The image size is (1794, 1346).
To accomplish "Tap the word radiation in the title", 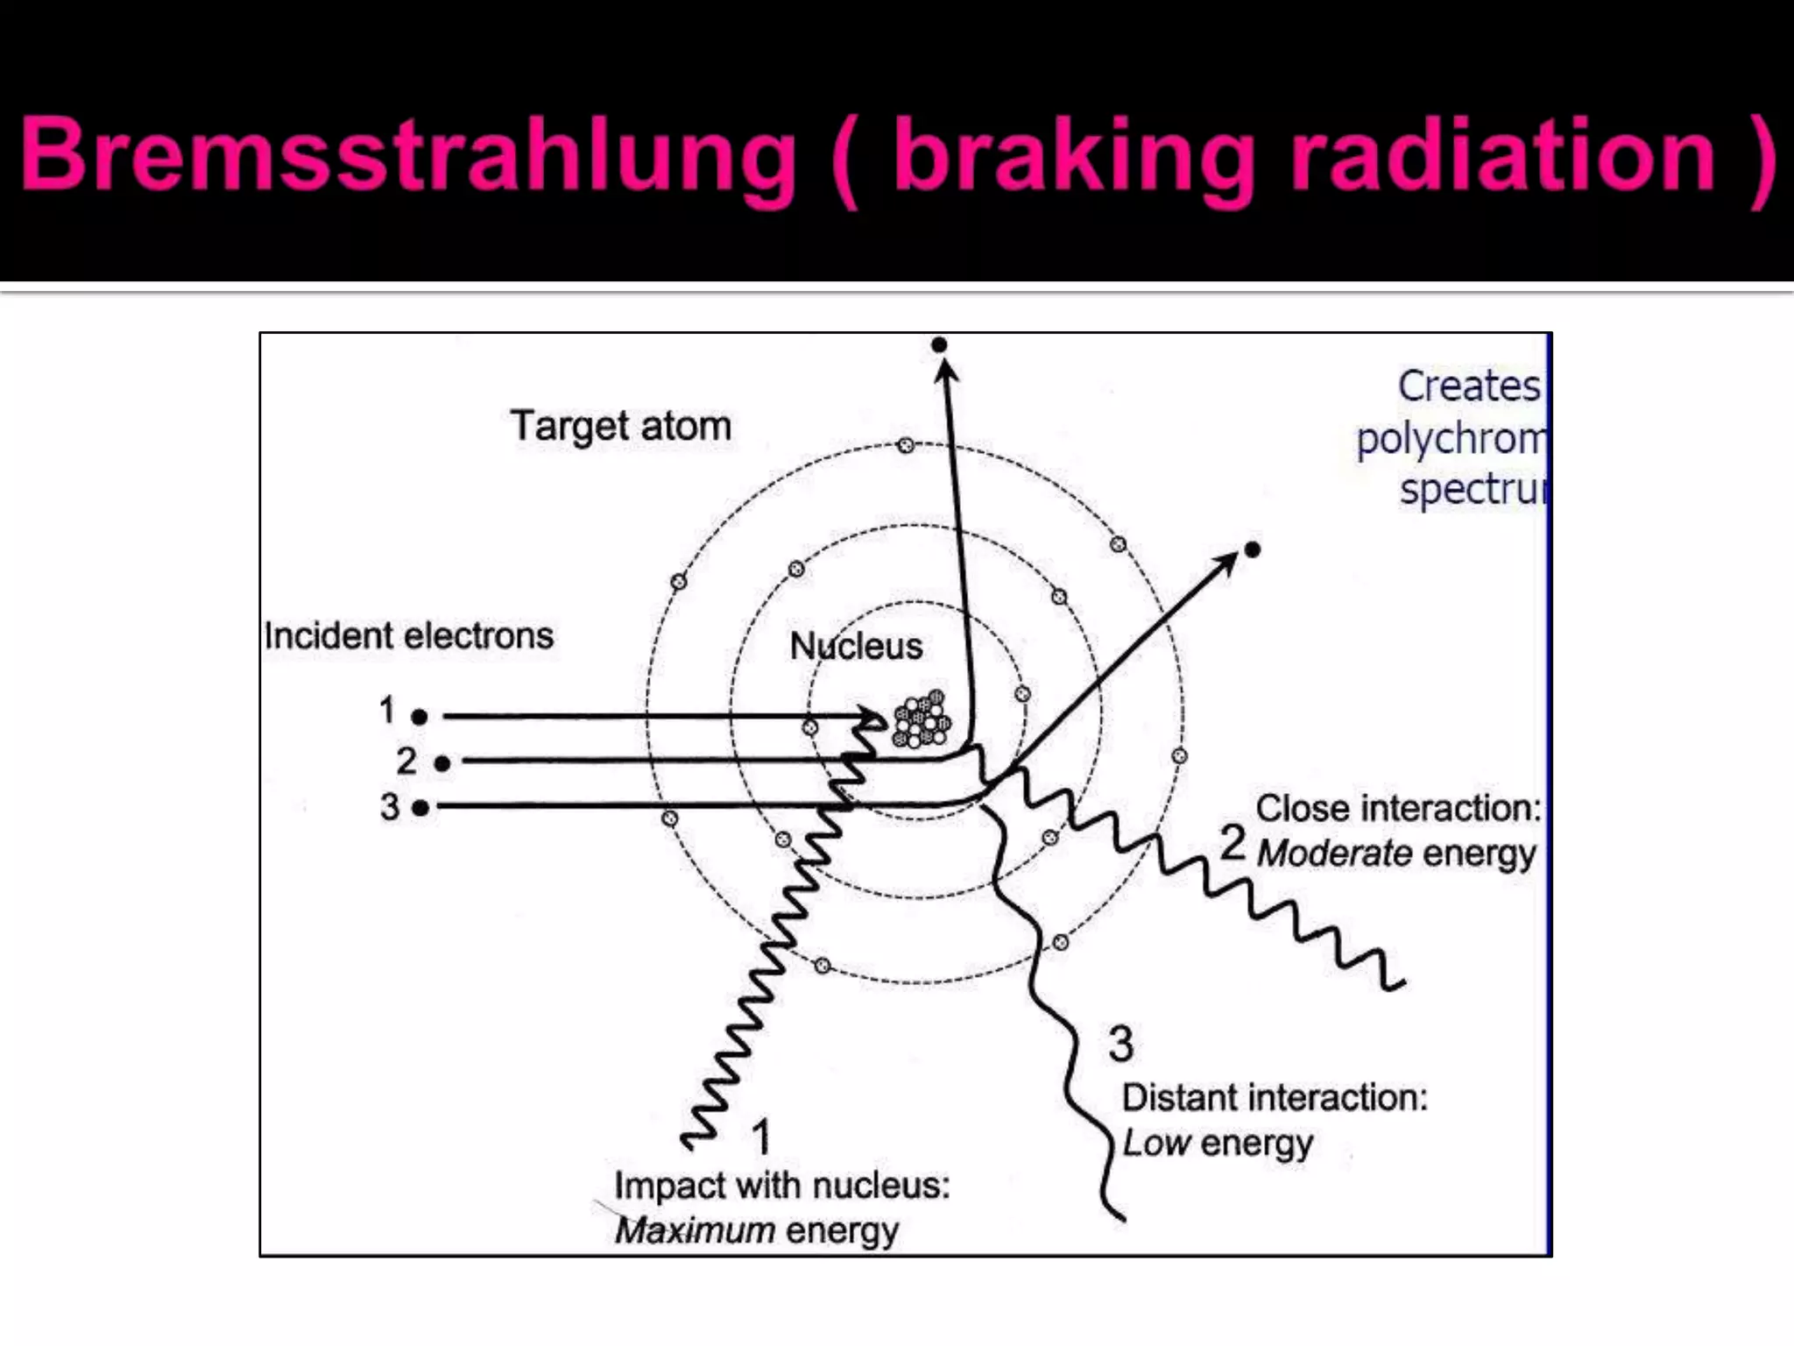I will click(x=1503, y=156).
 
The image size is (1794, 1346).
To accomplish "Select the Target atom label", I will click(x=620, y=427).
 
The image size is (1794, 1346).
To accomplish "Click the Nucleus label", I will click(x=856, y=647).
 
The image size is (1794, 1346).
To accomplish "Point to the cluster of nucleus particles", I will click(x=921, y=719).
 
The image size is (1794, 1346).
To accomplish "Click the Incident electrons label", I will click(x=409, y=636).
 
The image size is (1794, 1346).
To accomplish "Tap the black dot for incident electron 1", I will click(x=420, y=717).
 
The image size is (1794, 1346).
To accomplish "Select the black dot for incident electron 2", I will click(x=442, y=763).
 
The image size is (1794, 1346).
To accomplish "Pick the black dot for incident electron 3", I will click(x=420, y=807).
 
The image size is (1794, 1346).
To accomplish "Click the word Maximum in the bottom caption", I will click(x=695, y=1230).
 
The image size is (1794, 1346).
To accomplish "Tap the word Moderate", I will click(x=1335, y=854).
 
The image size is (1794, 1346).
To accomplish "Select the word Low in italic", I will click(x=1156, y=1143).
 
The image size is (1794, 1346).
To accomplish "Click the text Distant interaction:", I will click(x=1275, y=1097).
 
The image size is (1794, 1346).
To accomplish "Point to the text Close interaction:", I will click(x=1398, y=808).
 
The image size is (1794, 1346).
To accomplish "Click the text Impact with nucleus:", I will click(x=781, y=1186).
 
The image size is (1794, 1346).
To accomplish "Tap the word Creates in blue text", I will click(x=1468, y=386).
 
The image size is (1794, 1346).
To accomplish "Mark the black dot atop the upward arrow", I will click(x=939, y=344).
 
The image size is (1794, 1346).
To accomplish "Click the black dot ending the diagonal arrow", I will click(x=1253, y=549).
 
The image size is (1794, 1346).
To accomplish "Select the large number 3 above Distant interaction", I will click(x=1120, y=1044).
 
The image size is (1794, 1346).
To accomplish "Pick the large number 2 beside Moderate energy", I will click(x=1233, y=843).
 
